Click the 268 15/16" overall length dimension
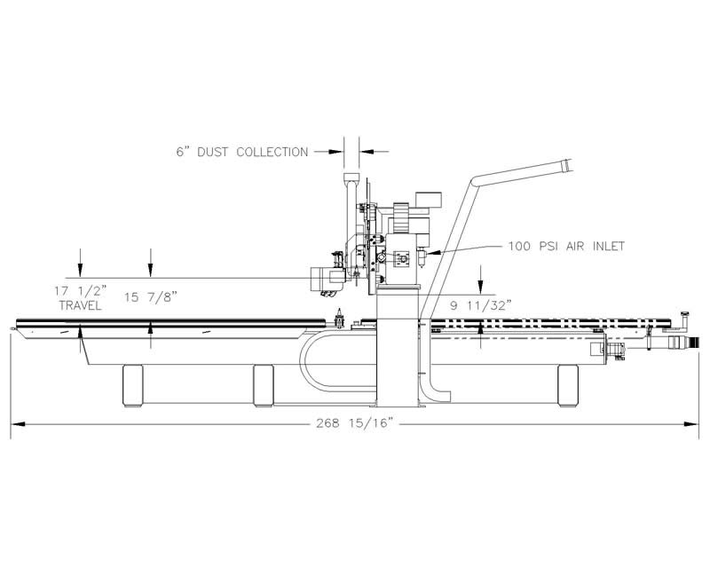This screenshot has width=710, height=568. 353,423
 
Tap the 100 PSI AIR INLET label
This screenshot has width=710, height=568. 566,247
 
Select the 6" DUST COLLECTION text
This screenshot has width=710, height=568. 242,152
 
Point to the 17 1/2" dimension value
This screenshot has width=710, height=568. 82,290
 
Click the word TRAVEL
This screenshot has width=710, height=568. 80,305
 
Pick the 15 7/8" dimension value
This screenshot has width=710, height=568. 150,297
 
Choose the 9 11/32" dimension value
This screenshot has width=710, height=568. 481,305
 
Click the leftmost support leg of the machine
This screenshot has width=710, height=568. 132,386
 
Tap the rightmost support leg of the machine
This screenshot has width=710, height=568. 568,385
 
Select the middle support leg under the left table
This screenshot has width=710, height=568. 263,386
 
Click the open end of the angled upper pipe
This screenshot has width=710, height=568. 567,165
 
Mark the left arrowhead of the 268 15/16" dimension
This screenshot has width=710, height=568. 17,424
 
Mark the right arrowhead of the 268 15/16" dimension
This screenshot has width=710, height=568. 691,424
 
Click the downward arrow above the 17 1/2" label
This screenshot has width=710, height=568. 80,263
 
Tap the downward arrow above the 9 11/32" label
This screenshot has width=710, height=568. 481,280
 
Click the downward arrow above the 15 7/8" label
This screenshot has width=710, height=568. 151,263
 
